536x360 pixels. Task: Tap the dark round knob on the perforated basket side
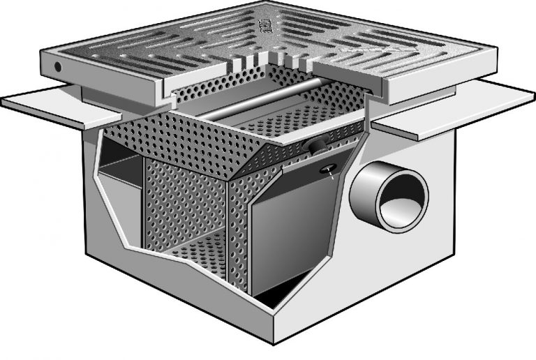pos(315,145)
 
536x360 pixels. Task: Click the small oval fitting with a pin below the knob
pos(328,170)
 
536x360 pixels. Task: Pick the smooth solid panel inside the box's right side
pos(286,230)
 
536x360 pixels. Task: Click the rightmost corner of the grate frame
pos(496,56)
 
